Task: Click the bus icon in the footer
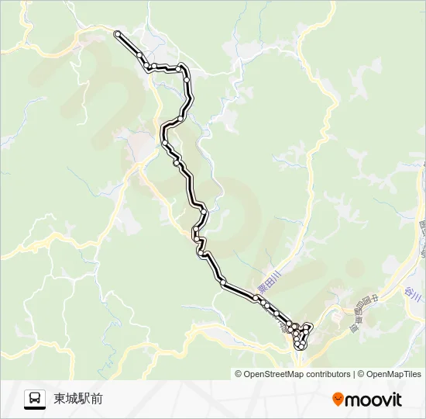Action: point(35,399)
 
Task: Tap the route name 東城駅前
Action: point(78,399)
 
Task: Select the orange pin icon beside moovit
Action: point(337,400)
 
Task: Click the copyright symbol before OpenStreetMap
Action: point(239,374)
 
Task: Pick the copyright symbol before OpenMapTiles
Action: point(361,374)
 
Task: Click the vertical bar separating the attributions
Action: point(354,374)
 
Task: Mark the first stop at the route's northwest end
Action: point(117,33)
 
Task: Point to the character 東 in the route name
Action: point(60,399)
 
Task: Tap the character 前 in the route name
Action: point(96,399)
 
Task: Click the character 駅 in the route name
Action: point(84,399)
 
